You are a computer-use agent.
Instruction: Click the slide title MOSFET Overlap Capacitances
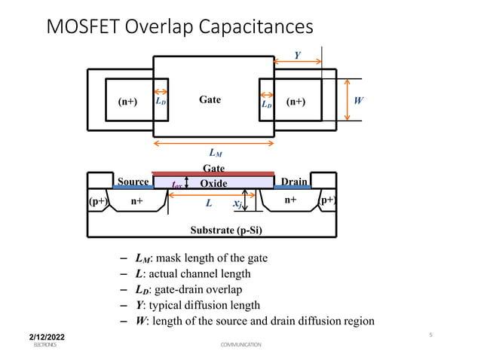point(179,27)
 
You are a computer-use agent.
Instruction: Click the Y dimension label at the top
point(298,55)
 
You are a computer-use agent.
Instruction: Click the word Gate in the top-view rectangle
point(210,99)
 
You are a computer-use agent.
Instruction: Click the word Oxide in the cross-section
point(214,183)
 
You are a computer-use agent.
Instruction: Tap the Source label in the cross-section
point(133,182)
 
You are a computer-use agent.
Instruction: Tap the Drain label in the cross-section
point(294,182)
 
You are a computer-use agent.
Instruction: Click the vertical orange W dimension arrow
point(348,99)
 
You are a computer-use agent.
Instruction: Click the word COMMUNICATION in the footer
point(240,344)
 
